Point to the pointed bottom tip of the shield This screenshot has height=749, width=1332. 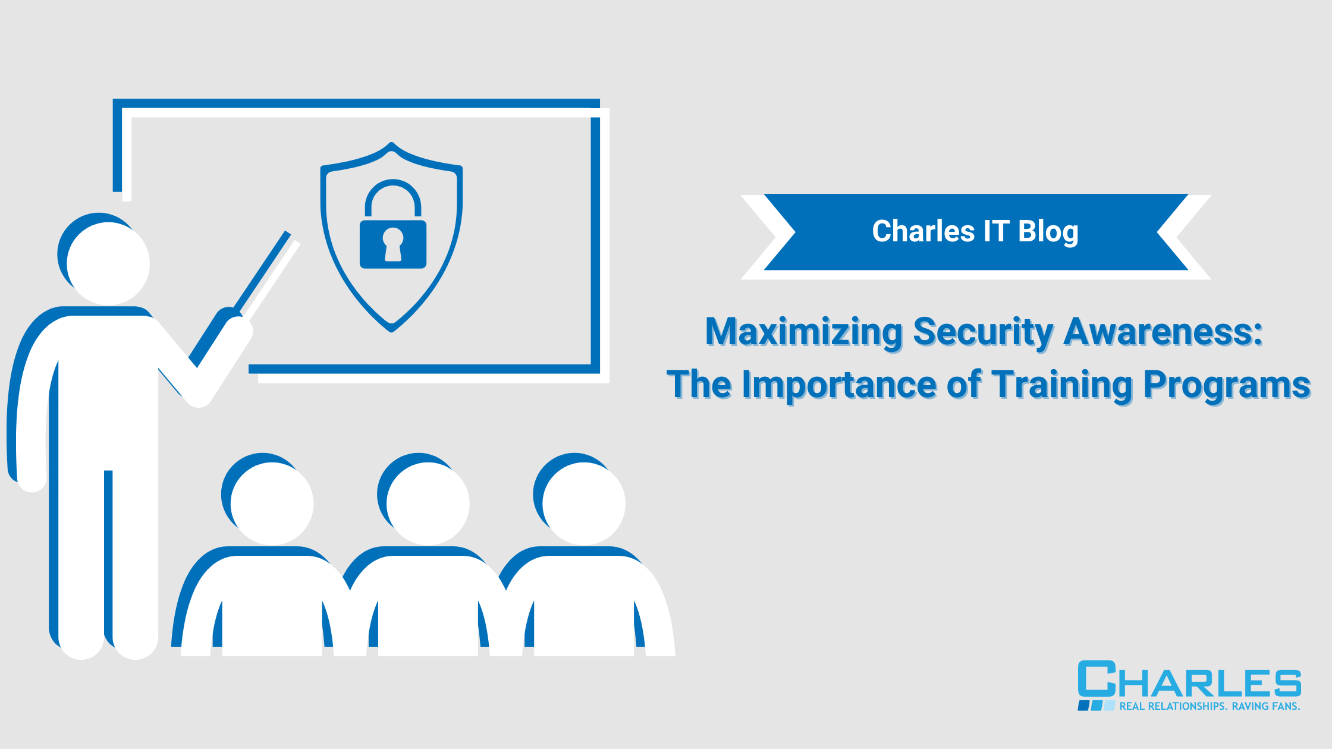(391, 329)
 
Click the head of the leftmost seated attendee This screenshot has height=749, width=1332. (271, 502)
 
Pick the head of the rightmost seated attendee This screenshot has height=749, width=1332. (583, 502)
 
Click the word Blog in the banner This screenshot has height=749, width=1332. (1048, 231)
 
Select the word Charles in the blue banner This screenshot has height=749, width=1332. (923, 231)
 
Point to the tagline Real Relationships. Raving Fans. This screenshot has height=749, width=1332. (1210, 706)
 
